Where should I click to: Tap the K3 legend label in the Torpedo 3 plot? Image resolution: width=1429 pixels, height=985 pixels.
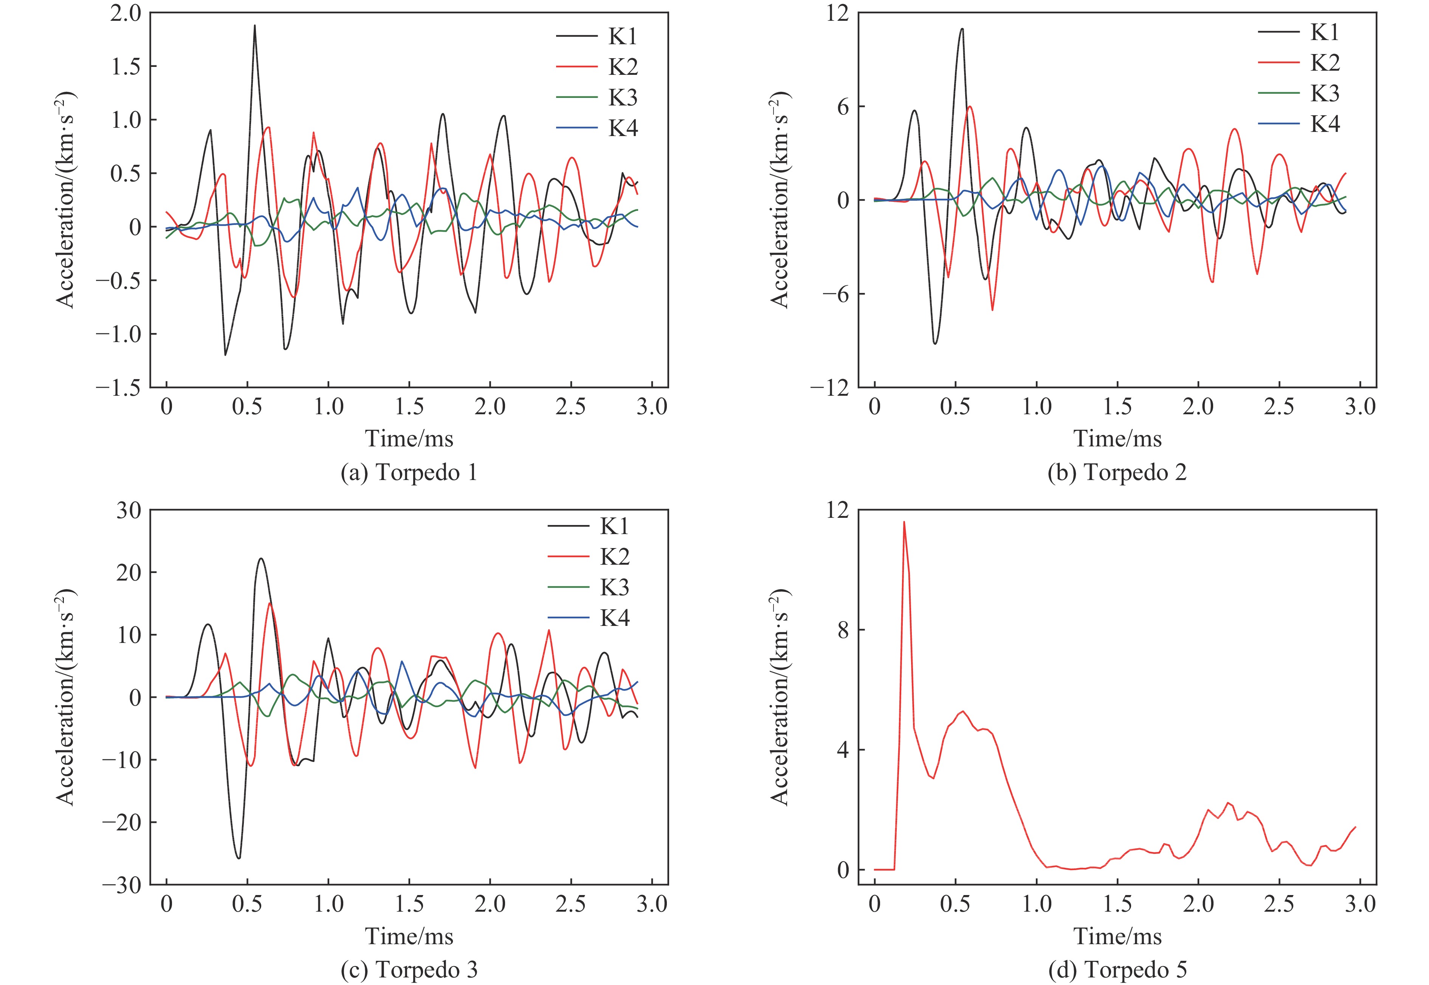tap(615, 587)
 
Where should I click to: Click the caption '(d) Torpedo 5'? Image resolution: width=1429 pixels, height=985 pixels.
tap(1117, 970)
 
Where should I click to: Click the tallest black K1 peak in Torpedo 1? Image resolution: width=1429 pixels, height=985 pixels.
tap(254, 26)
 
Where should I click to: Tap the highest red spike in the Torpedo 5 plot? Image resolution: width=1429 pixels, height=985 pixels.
tap(904, 522)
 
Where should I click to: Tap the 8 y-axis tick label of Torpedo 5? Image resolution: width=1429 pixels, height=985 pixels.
tap(843, 630)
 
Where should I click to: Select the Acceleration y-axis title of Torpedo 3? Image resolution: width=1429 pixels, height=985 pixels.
tap(66, 697)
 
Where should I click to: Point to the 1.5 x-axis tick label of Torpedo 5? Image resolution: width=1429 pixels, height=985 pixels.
tap(1117, 905)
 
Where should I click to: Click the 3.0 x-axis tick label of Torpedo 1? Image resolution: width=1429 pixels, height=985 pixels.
tap(652, 407)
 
